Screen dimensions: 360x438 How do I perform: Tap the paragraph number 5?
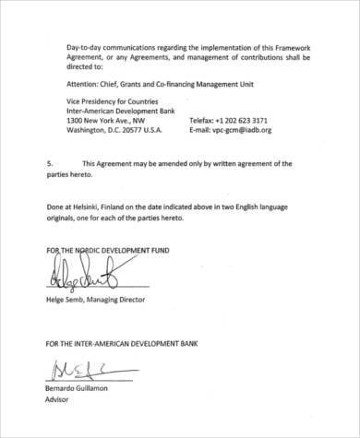[49, 163]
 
